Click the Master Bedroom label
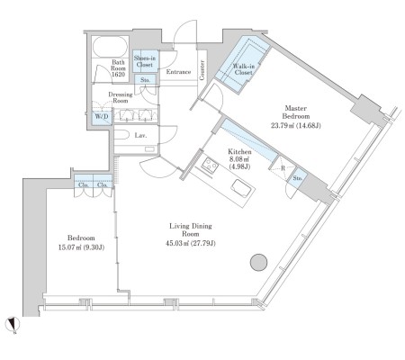[x=296, y=112]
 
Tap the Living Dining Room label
[x=191, y=229]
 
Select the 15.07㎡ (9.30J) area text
[x=81, y=247]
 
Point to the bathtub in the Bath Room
[x=110, y=47]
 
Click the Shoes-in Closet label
[x=145, y=61]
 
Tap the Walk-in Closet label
[x=244, y=69]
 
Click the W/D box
[x=102, y=118]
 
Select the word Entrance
[x=178, y=72]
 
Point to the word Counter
[x=202, y=70]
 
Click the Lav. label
[x=140, y=136]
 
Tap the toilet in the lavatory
[x=121, y=134]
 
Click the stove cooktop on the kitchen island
[x=209, y=166]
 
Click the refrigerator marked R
[x=283, y=168]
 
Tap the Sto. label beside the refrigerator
[x=297, y=178]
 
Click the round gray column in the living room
[x=258, y=263]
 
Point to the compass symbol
[x=13, y=324]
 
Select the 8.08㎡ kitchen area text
[x=239, y=159]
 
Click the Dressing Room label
[x=121, y=97]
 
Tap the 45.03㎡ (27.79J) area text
[x=191, y=243]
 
